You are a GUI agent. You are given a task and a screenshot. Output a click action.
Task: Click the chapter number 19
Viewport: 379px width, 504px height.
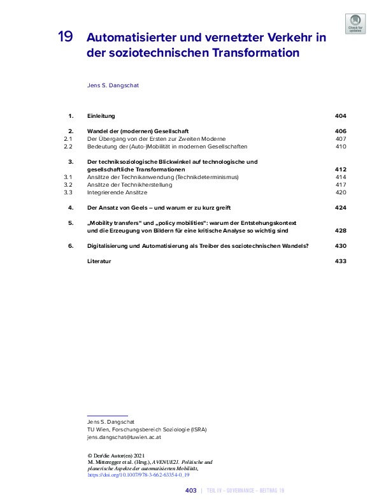point(65,37)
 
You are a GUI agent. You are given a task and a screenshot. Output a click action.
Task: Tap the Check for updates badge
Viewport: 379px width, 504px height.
point(355,24)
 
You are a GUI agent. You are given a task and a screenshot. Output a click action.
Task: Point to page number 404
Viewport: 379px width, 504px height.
point(340,116)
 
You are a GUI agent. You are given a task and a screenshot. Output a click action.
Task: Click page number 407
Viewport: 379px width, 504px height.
point(341,138)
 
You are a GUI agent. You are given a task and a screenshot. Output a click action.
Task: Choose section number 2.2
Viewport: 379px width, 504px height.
point(69,147)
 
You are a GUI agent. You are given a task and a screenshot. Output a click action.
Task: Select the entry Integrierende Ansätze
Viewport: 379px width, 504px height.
point(117,192)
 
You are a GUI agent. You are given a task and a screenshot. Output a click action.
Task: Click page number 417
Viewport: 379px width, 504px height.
point(341,184)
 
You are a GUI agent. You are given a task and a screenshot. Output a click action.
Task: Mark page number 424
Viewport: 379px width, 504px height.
point(340,208)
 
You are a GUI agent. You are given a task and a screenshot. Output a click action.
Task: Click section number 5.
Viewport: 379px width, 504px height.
point(71,222)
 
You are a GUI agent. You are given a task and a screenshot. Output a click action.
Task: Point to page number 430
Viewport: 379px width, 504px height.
point(340,245)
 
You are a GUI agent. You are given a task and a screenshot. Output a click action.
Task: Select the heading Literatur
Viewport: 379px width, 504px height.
point(99,261)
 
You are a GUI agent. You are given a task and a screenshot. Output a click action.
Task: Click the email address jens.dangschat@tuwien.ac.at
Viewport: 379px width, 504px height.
point(124,438)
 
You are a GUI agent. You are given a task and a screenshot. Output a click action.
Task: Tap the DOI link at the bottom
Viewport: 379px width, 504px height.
point(138,475)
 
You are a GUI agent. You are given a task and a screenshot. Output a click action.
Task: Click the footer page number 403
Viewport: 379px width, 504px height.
point(190,491)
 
